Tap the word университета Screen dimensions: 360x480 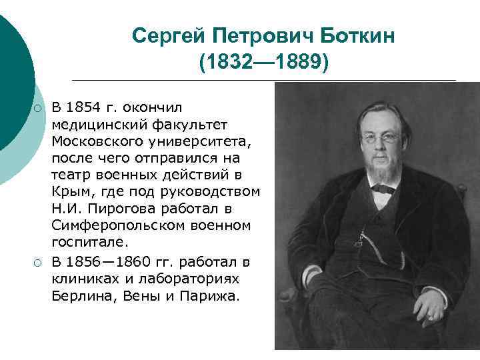click(x=198, y=142)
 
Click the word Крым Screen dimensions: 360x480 click(x=69, y=193)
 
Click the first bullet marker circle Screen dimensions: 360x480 click(x=39, y=108)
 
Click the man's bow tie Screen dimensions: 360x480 click(x=383, y=188)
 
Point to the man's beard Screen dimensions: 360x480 click(x=381, y=172)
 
